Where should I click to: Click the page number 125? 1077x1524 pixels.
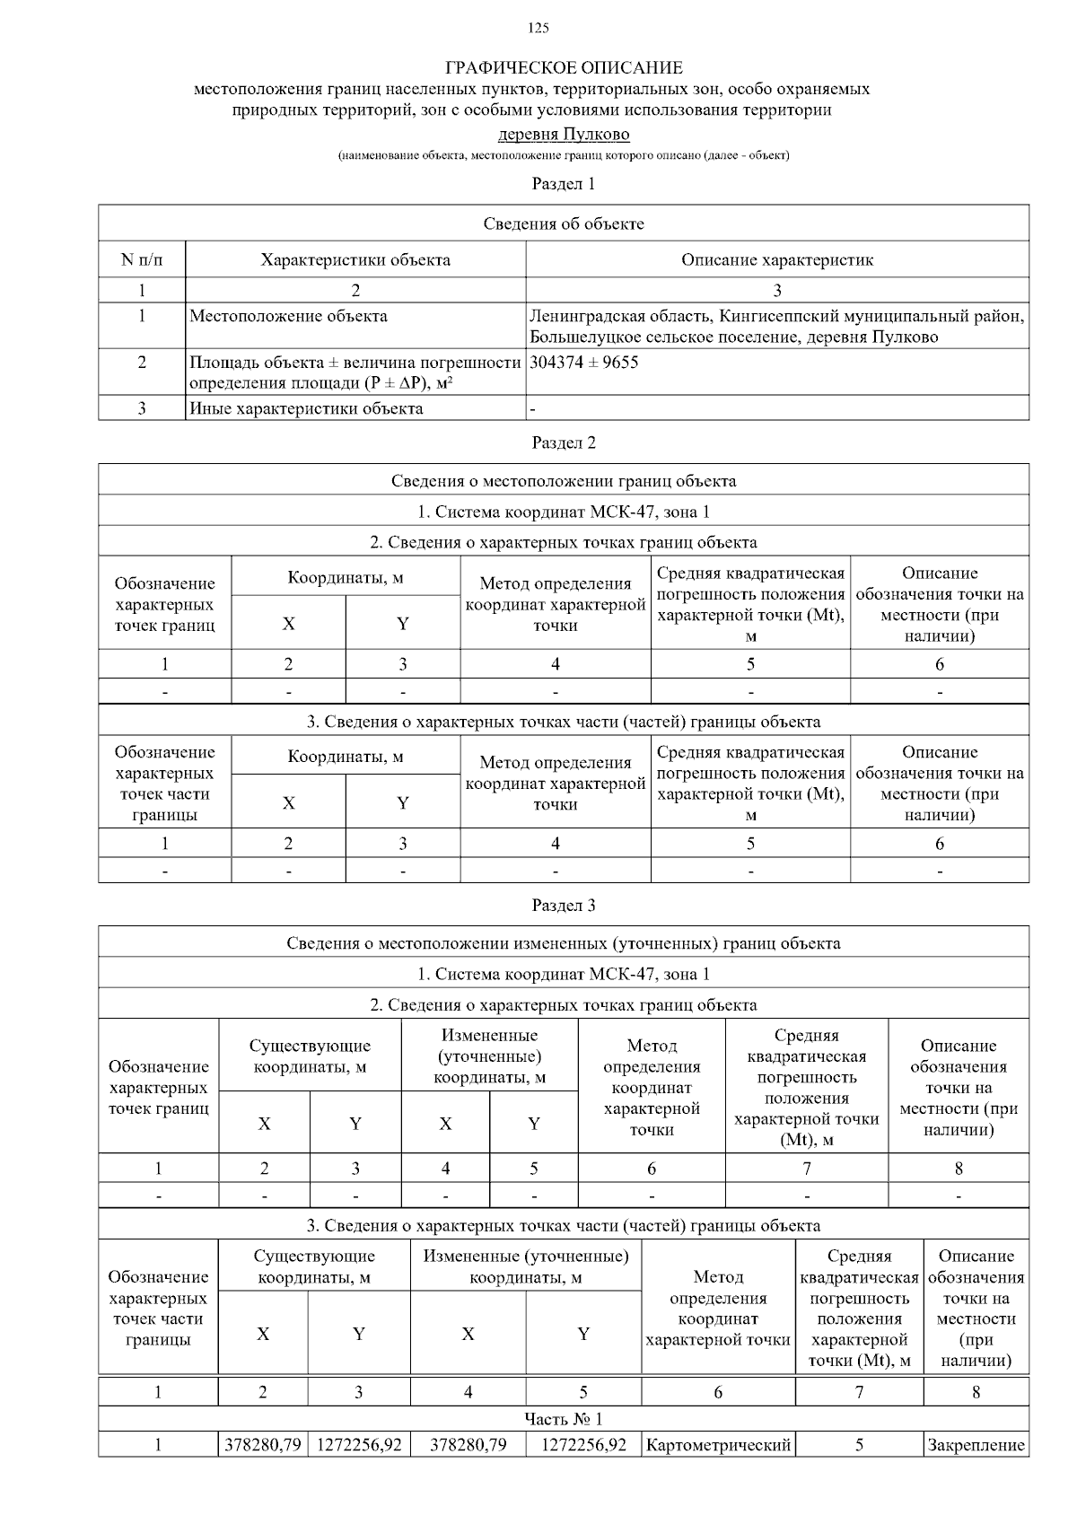(538, 28)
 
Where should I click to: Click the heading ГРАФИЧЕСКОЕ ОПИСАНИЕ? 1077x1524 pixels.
(564, 68)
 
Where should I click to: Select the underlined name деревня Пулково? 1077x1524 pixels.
(564, 135)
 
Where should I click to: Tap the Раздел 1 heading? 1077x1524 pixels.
(564, 184)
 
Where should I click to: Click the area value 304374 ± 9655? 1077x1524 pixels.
(584, 363)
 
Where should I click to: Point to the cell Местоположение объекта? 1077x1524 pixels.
(288, 316)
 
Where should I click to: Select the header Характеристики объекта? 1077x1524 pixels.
(355, 260)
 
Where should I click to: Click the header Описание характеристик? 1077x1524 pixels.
(776, 260)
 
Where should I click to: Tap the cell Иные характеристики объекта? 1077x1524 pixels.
(306, 408)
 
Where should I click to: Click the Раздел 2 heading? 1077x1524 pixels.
(564, 442)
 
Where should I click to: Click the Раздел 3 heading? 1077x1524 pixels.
(564, 905)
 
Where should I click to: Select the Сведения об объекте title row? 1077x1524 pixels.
(564, 223)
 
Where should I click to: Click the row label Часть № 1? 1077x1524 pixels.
(564, 1418)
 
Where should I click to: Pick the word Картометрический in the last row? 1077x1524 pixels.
(718, 1445)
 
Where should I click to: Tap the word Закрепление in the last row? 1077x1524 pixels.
(976, 1445)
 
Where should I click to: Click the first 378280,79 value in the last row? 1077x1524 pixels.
(262, 1445)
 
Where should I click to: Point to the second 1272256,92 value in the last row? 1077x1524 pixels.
(583, 1445)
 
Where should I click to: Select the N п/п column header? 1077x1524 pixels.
(142, 260)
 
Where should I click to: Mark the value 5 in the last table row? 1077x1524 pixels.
(859, 1445)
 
